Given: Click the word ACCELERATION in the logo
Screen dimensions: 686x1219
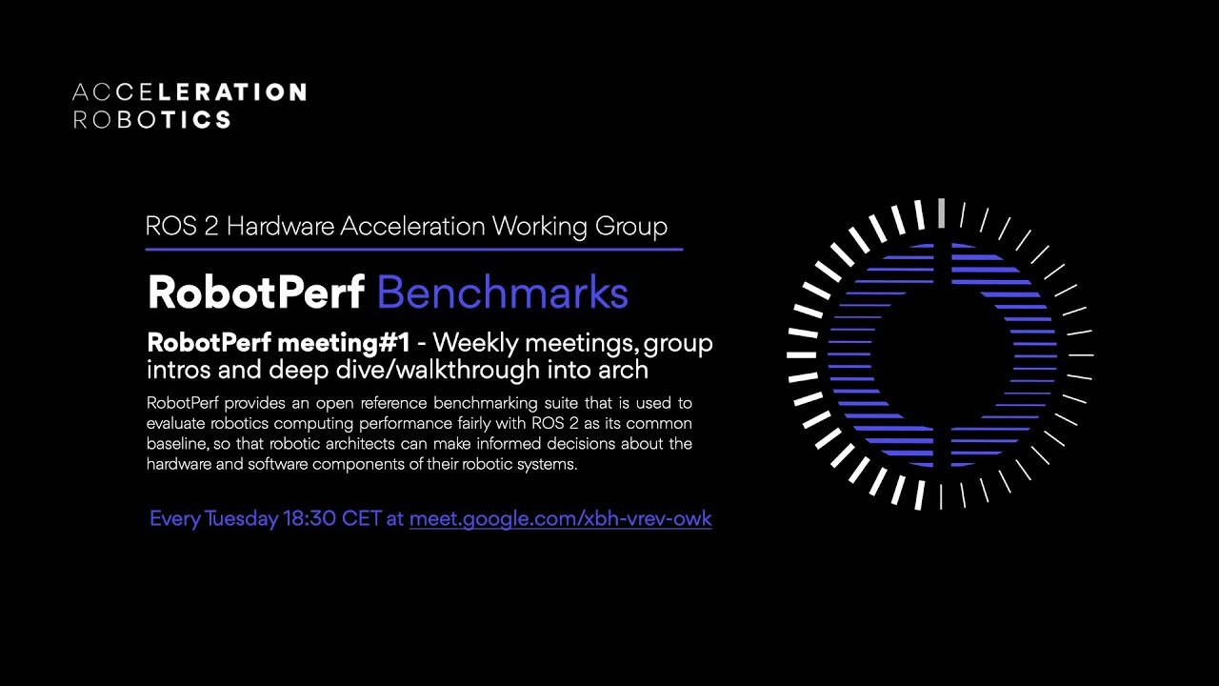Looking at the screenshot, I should tap(190, 92).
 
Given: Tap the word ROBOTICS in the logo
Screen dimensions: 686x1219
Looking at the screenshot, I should tap(152, 119).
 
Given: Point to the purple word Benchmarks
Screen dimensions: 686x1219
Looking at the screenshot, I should tap(503, 293).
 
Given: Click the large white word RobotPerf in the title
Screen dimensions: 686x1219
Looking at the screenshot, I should tap(255, 293).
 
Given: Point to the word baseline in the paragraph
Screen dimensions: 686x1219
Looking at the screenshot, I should tap(178, 444).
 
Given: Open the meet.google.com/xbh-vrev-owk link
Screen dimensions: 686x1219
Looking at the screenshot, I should tap(560, 519).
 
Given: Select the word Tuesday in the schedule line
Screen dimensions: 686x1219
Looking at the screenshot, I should tap(242, 519).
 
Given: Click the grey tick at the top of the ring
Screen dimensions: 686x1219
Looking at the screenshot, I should tap(941, 212).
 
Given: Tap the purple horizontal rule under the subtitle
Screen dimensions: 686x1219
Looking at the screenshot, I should tap(413, 250).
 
